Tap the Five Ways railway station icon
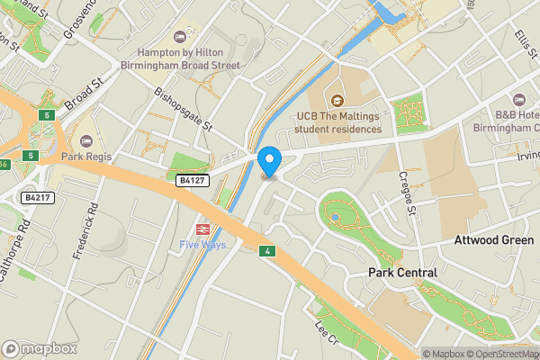point(203,229)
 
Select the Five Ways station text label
point(203,245)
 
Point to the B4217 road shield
point(37,196)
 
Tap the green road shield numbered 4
point(267,249)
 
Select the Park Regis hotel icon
point(86,140)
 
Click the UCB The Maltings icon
point(337,101)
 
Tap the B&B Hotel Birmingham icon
point(517,99)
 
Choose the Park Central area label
point(402,273)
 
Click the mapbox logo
point(40,348)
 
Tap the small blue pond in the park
point(335,217)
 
